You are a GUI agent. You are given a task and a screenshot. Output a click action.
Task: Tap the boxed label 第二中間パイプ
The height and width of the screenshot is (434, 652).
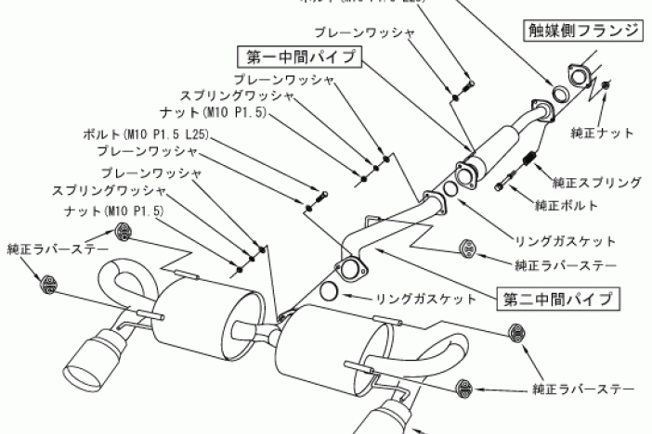tap(558, 299)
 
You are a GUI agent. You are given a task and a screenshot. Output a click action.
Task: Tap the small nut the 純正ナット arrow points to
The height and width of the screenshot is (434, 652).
tap(606, 85)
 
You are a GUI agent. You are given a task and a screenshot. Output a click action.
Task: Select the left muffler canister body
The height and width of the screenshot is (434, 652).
tap(202, 318)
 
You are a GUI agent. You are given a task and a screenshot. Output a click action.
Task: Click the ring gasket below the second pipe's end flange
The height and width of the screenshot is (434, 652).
tap(330, 295)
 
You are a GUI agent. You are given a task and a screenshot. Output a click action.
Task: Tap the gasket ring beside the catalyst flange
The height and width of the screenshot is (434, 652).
tap(561, 94)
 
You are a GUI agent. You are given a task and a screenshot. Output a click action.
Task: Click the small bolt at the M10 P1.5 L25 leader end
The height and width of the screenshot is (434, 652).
tap(322, 195)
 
